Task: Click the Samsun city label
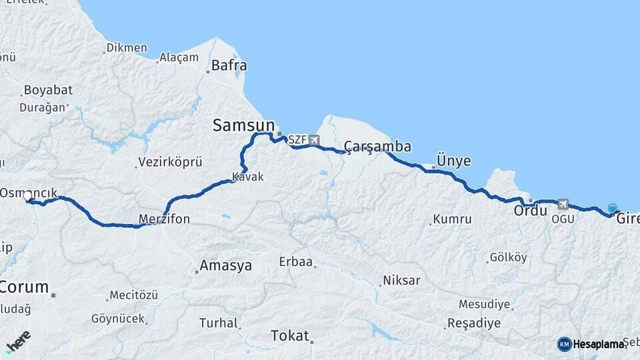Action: click(x=243, y=125)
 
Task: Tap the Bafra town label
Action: click(x=229, y=65)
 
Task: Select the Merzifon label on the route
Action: click(x=164, y=219)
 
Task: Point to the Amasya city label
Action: click(x=227, y=266)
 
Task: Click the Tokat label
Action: click(x=290, y=335)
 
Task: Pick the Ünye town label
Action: click(x=453, y=161)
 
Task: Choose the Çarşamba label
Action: click(x=377, y=147)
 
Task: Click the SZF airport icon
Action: click(x=313, y=140)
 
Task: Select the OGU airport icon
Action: click(x=563, y=205)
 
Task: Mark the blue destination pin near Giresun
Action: click(x=613, y=209)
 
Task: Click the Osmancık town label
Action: click(x=24, y=192)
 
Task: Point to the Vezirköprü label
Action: click(x=170, y=162)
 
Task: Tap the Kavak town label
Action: click(x=248, y=177)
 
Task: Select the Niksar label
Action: click(x=401, y=280)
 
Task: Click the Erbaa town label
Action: click(x=296, y=262)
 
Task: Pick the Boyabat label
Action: click(x=47, y=90)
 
